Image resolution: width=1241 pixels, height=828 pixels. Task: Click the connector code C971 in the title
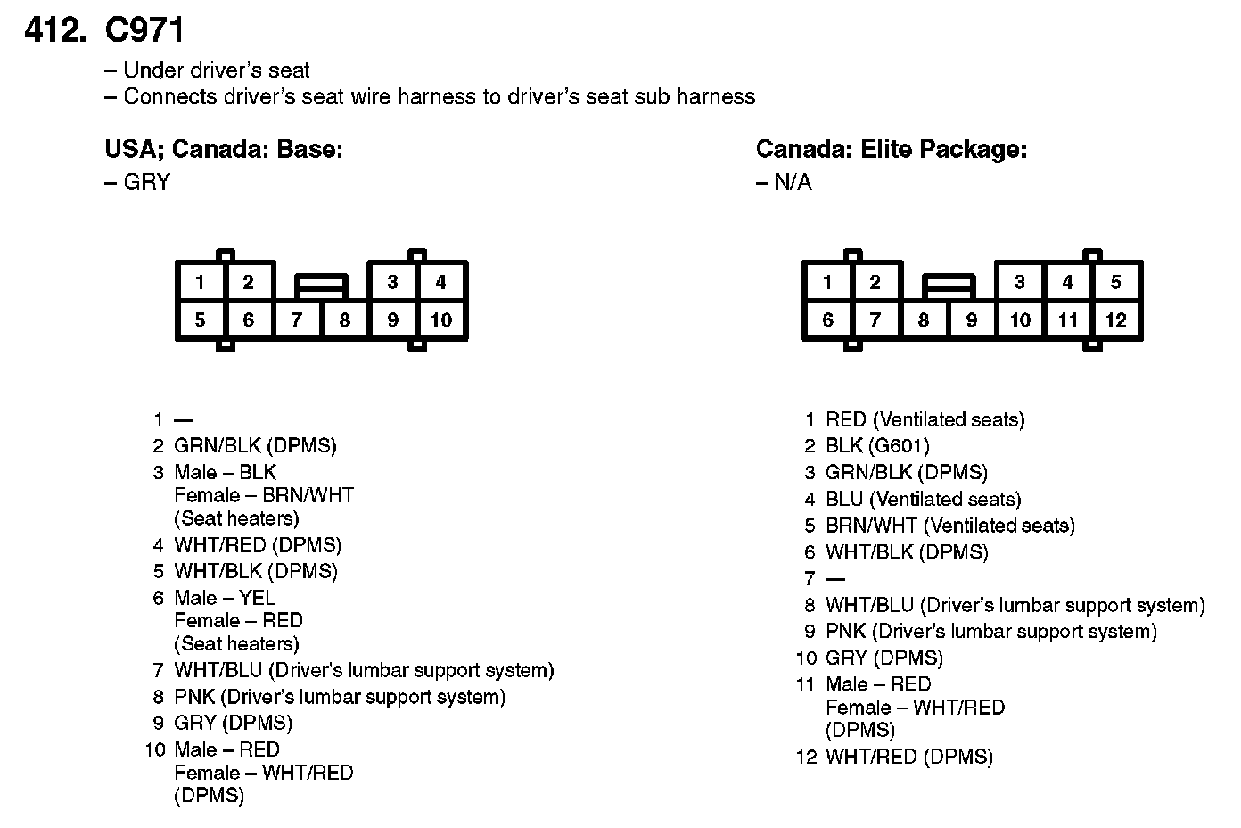pos(144,30)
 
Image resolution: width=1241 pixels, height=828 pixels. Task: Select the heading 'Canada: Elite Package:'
pos(891,149)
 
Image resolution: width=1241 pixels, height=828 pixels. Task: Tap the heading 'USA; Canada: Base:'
pos(224,149)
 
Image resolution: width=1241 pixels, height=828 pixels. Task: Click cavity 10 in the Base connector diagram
pos(441,320)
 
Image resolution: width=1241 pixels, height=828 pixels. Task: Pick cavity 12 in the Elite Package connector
pos(1116,320)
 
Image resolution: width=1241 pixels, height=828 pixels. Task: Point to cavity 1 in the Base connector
pos(200,283)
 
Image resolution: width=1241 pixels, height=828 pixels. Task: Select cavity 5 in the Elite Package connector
pos(1116,283)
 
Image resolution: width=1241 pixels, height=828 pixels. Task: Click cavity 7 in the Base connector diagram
pos(297,320)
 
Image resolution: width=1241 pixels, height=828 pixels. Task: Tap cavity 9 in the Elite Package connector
pos(972,320)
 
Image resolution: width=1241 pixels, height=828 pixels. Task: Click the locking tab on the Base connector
pos(321,286)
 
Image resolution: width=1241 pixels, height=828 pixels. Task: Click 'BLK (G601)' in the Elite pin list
pos(877,446)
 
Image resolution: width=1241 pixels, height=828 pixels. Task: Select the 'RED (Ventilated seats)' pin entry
pos(925,419)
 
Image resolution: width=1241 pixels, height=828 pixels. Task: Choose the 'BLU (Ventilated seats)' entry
pos(923,499)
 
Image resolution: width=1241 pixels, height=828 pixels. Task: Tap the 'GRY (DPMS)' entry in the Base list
pos(234,723)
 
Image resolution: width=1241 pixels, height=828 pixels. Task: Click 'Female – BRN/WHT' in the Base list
pos(264,495)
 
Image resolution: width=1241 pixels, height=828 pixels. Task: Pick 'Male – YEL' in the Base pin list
pos(225,598)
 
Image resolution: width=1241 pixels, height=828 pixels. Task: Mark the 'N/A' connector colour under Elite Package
pos(793,183)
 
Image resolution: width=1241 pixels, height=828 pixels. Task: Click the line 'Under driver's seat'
pos(216,70)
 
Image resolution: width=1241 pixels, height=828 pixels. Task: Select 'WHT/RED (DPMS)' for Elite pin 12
pos(908,757)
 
